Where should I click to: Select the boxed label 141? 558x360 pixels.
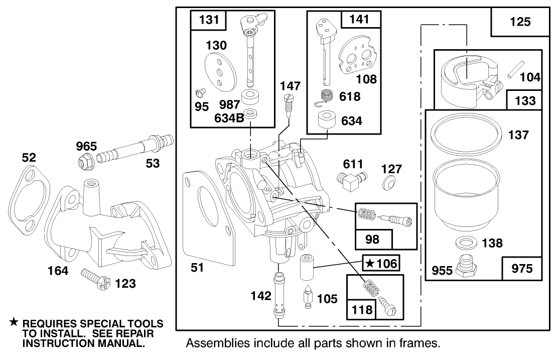pos(359,20)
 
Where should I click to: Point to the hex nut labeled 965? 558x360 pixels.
pos(84,162)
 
